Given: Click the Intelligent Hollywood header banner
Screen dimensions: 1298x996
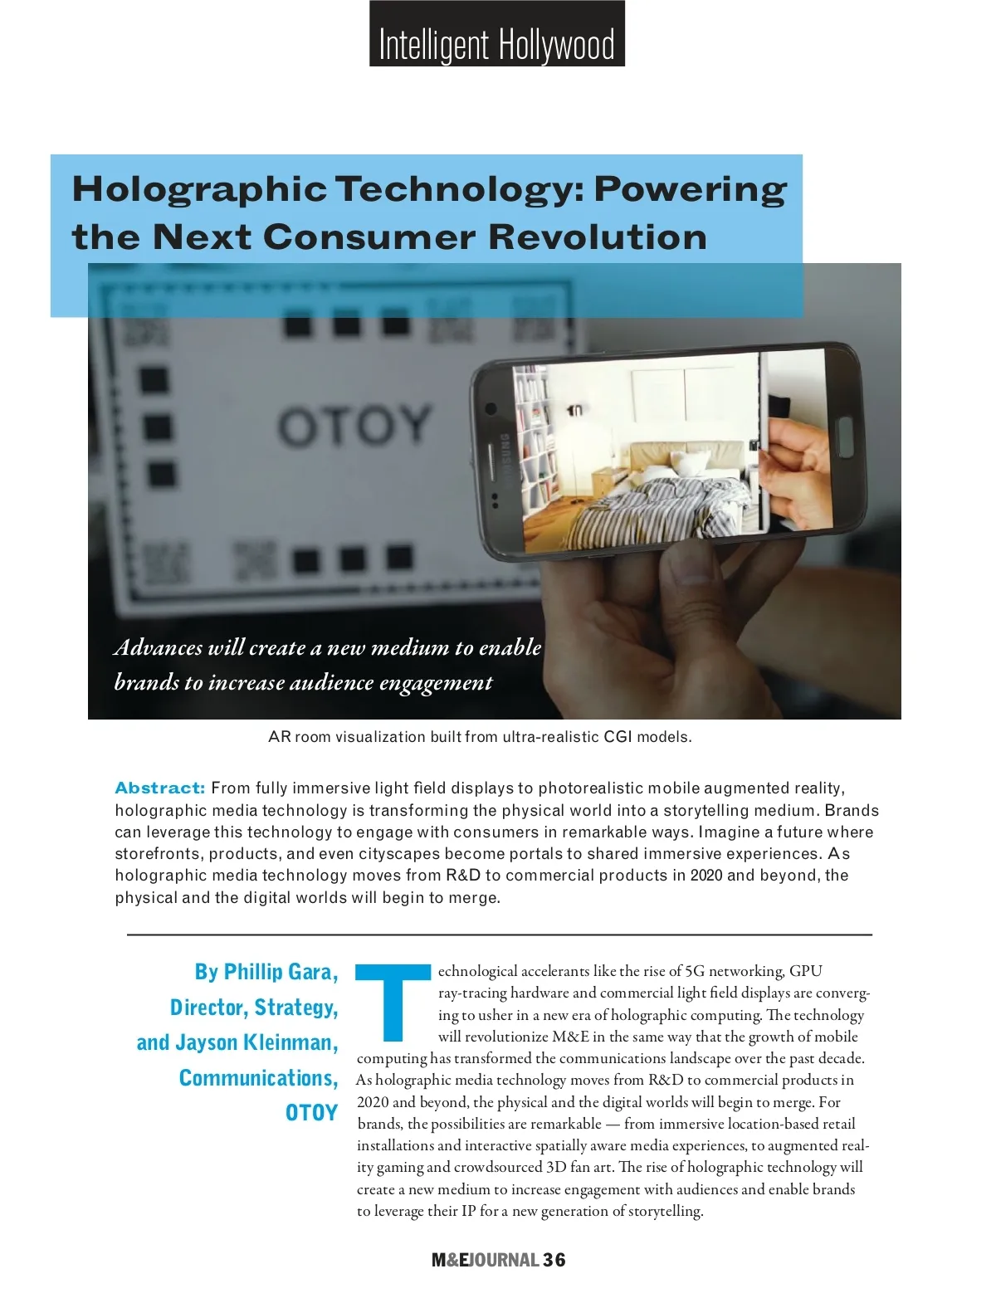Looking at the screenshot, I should click(x=496, y=35).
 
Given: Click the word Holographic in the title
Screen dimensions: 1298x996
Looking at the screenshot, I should click(x=199, y=188).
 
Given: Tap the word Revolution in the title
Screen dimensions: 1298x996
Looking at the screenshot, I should click(x=597, y=237).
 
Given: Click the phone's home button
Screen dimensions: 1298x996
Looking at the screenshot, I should click(x=845, y=432).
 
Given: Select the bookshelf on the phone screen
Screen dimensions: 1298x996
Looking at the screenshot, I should click(x=536, y=432).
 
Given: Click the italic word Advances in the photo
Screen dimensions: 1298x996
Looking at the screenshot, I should click(x=158, y=647).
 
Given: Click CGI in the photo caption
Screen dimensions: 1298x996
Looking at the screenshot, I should click(x=618, y=737).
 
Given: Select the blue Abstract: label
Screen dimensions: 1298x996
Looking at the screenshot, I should click(x=159, y=788).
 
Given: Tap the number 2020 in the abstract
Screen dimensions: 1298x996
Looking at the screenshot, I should click(x=706, y=876).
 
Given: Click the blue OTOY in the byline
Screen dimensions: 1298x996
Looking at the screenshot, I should click(x=311, y=1113).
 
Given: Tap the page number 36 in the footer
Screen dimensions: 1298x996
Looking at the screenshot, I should click(x=554, y=1260).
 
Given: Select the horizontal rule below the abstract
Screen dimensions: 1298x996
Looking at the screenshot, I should click(x=499, y=934).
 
